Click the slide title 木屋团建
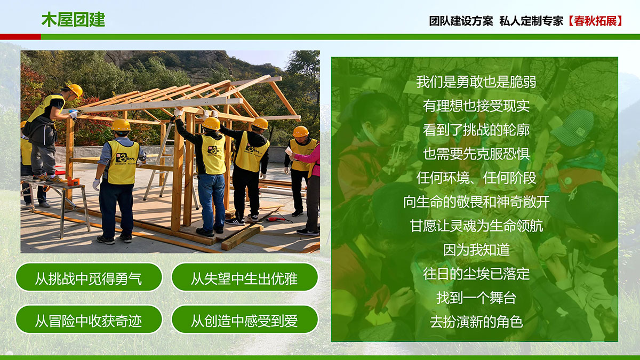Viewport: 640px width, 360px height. coord(73,20)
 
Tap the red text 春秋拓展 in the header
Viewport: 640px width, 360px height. coord(595,21)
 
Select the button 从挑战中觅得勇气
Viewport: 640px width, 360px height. coord(89,277)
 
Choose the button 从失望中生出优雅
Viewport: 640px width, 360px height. coord(245,277)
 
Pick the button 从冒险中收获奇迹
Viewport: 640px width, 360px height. coord(89,319)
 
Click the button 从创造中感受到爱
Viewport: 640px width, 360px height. coord(245,319)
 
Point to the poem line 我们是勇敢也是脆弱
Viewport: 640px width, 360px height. coord(476,82)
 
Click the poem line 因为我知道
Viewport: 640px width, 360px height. coord(476,250)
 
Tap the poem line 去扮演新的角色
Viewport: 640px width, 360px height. coord(476,322)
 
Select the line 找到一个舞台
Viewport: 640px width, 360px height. coord(476,298)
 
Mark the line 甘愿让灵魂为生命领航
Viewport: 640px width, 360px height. coord(476,226)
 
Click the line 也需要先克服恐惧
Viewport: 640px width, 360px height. coord(476,154)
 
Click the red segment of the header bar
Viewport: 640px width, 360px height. coord(21,37)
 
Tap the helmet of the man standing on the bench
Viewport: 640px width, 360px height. coord(75,90)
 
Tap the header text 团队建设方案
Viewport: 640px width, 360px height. coord(461,21)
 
